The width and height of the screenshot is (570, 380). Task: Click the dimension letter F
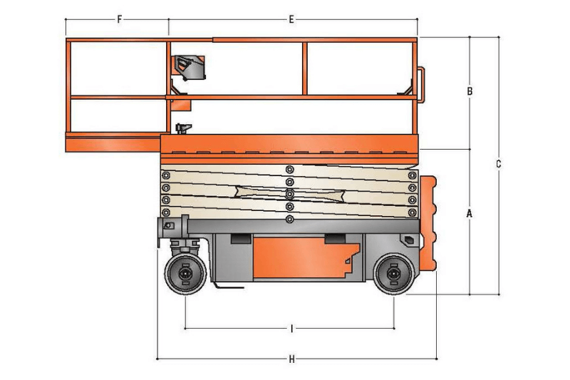click(119, 19)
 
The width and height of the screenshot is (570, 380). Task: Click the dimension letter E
click(291, 19)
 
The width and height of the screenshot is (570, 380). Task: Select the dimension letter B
click(470, 91)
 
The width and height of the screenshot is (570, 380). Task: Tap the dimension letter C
click(499, 164)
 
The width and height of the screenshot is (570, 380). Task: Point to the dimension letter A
click(470, 213)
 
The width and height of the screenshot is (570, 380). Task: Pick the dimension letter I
click(291, 329)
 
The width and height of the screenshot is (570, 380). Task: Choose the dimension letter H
click(291, 359)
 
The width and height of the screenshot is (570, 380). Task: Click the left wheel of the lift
click(185, 274)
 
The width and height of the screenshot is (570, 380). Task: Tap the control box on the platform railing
click(190, 68)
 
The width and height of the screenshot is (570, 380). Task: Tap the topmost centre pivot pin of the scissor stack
click(289, 169)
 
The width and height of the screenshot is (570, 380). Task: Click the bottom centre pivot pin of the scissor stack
click(289, 220)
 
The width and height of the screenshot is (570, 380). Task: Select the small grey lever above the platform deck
click(184, 128)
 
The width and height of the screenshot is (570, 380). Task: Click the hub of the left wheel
click(185, 274)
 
